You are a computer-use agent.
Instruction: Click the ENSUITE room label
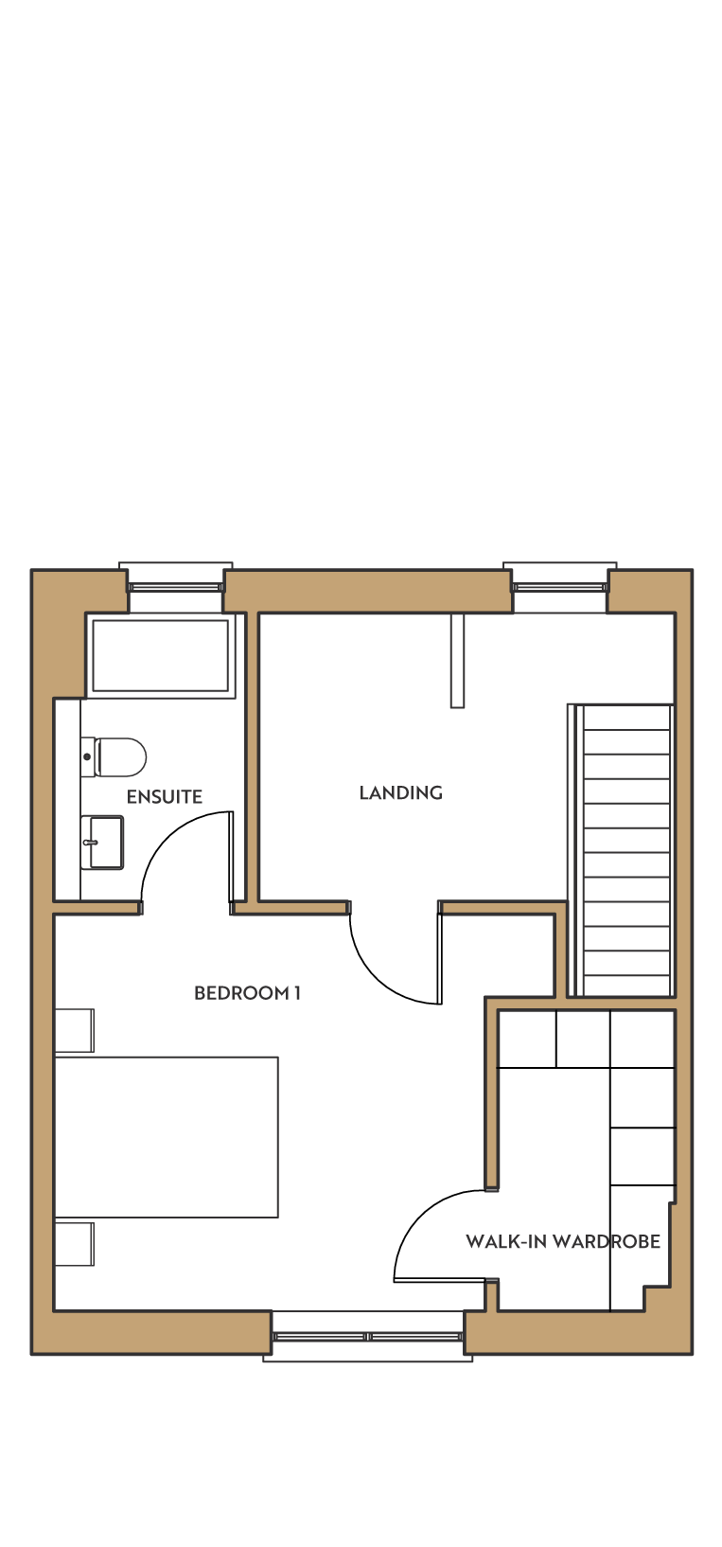(165, 796)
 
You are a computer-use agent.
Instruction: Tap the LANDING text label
(400, 792)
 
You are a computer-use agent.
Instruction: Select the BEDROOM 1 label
(247, 992)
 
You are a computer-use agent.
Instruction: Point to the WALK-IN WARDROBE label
(562, 1241)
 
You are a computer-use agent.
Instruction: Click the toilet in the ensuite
(114, 756)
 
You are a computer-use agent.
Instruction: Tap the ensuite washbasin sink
(102, 842)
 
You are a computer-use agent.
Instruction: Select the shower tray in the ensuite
(160, 655)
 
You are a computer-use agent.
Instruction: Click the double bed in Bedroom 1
(167, 1137)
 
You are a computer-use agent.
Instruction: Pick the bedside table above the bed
(75, 1030)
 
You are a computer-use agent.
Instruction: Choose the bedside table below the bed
(75, 1244)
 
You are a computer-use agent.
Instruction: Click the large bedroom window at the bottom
(368, 1337)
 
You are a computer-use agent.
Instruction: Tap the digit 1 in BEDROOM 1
(297, 992)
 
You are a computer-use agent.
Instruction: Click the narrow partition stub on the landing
(457, 660)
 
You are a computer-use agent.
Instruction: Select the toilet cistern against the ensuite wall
(88, 756)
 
